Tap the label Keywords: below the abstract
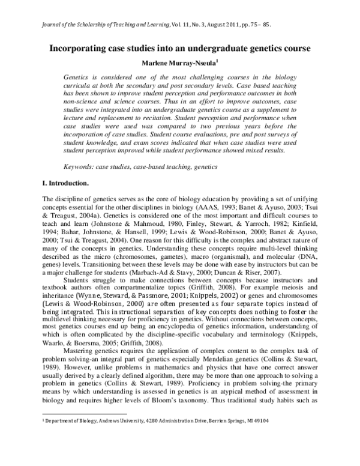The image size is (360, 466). click(x=81, y=165)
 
